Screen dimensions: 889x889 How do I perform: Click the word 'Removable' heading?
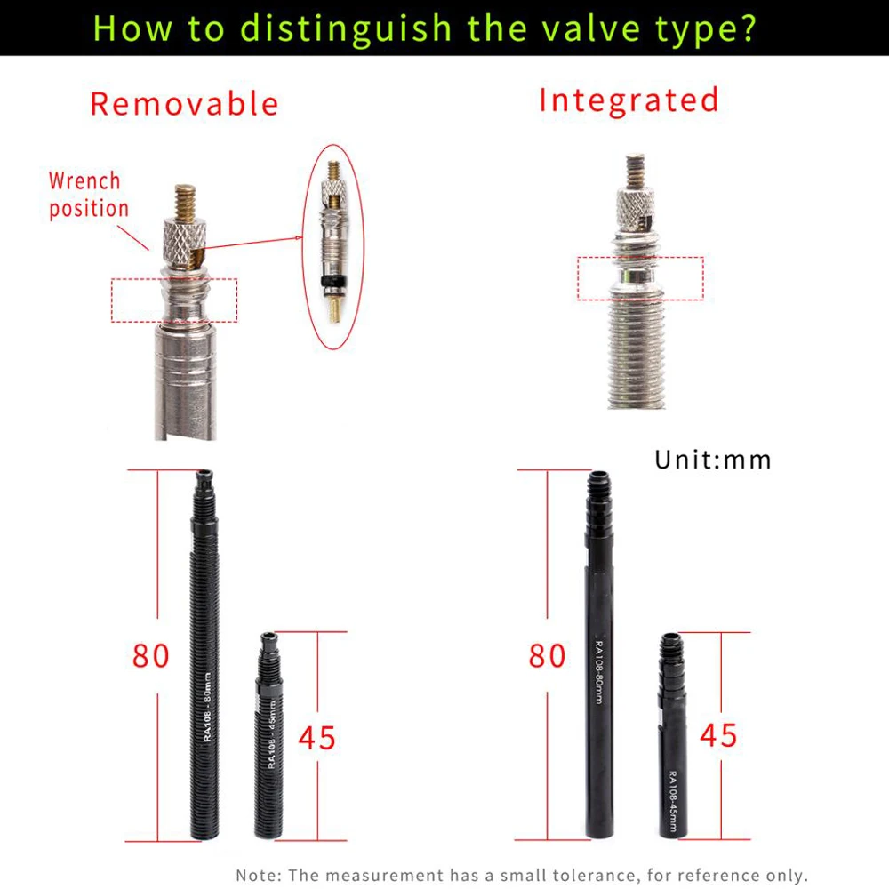(x=184, y=104)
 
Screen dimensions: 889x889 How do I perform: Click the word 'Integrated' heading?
(x=629, y=100)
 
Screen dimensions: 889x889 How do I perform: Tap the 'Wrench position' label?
(x=88, y=195)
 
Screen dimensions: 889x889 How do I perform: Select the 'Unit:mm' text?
(x=713, y=460)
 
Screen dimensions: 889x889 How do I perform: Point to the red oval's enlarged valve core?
(x=333, y=242)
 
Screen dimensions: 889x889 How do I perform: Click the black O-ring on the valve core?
(x=333, y=281)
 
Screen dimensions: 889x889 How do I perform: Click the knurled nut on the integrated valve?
(x=636, y=210)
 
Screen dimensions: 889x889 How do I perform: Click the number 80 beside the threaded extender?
(x=151, y=656)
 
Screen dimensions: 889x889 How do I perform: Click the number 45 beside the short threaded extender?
(x=317, y=738)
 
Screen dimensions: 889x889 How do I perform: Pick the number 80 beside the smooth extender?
(x=547, y=656)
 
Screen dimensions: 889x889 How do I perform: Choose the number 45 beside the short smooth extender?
(x=718, y=736)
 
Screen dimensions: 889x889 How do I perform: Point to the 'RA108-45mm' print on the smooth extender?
(x=673, y=801)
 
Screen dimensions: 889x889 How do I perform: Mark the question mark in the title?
(x=748, y=28)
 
